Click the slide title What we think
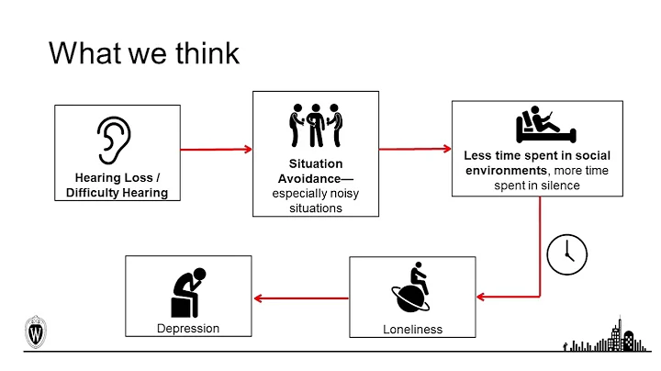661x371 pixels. [144, 52]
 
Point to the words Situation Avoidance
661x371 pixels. [315, 169]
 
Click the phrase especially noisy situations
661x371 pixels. [315, 200]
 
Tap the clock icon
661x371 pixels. [566, 253]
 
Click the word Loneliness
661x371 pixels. [412, 329]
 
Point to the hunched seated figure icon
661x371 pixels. [188, 288]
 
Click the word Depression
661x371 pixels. [188, 328]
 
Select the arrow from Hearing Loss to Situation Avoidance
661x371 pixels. [217, 149]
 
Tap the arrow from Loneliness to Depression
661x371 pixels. [301, 297]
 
